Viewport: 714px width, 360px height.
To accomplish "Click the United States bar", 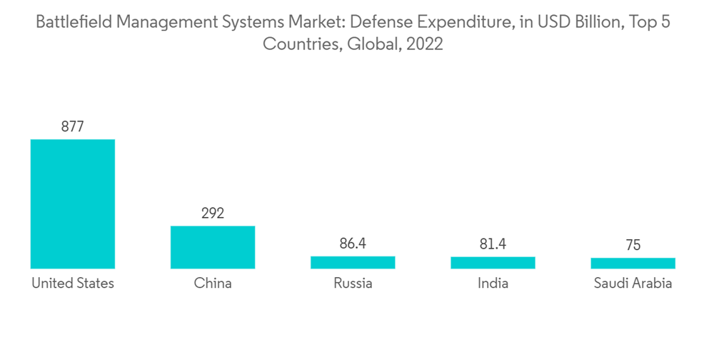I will tap(72, 204).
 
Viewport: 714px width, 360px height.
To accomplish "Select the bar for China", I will tap(213, 247).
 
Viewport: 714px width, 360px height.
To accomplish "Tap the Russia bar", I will tap(353, 262).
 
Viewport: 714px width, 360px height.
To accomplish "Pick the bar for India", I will tap(493, 263).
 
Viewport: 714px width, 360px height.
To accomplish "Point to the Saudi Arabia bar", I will tap(633, 264).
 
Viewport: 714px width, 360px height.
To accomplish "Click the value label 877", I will tap(72, 126).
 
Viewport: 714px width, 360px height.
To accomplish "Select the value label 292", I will tap(213, 213).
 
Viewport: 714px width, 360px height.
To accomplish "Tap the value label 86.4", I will tap(353, 244).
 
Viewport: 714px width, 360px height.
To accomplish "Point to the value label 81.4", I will tap(493, 244).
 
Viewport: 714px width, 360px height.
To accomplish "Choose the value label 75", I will tap(633, 245).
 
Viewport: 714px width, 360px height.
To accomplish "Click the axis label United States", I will tap(72, 284).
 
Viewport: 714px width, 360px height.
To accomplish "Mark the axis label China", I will tap(213, 284).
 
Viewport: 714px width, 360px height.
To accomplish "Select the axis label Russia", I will tap(353, 284).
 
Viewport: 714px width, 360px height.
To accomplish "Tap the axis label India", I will tap(493, 284).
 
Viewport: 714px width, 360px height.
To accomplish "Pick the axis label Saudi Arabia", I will tap(633, 284).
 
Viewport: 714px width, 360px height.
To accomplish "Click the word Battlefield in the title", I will tap(69, 22).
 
